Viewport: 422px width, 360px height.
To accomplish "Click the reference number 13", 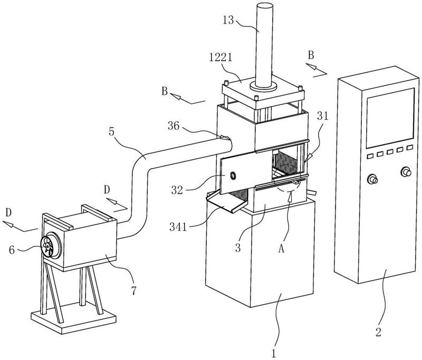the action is pos(228,20).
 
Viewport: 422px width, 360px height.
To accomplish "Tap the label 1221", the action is pos(220,57).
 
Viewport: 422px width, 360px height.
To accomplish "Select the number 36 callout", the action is pos(174,125).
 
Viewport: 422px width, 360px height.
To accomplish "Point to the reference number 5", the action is pos(111,132).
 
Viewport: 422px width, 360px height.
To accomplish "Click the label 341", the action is pos(178,227).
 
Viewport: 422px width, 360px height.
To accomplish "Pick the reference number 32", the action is pos(177,190).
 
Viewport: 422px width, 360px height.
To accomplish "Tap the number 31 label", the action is pos(323,116).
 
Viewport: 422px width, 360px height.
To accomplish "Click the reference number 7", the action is pos(134,290).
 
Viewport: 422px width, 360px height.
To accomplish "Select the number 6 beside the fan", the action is pos(12,250).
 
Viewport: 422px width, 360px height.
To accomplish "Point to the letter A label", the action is pos(281,249).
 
